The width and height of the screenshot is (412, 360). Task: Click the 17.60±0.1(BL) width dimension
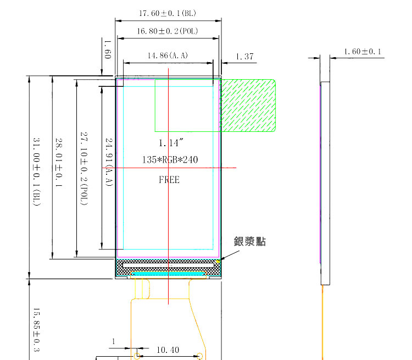[x=169, y=13]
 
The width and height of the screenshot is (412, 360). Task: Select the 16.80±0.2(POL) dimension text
[x=169, y=31]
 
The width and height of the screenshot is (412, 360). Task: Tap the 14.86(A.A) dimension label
[x=168, y=56]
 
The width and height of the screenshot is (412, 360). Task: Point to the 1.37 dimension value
[x=244, y=56]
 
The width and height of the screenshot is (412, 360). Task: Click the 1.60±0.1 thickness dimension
[x=363, y=52]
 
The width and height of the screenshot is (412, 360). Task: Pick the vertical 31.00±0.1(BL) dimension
[x=37, y=173]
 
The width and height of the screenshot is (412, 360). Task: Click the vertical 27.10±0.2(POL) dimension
[x=83, y=168]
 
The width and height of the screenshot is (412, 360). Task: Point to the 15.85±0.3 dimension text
[x=37, y=330]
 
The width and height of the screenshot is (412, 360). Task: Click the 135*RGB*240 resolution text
[x=169, y=160]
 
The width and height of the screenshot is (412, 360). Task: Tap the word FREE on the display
[x=169, y=179]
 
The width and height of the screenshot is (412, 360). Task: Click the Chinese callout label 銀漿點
[x=250, y=241]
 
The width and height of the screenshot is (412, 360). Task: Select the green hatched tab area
[x=248, y=104]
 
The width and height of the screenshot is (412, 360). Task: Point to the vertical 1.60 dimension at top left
[x=108, y=49]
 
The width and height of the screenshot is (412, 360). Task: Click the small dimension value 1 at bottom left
[x=114, y=342]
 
